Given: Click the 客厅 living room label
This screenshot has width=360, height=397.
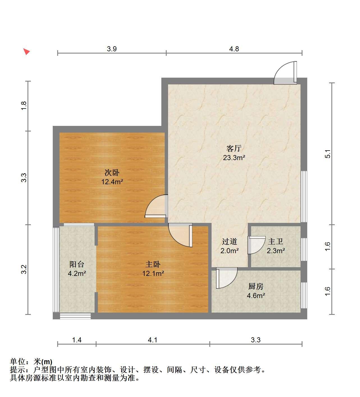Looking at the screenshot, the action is (234, 148).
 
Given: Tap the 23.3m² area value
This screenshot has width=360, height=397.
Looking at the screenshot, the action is (234, 158).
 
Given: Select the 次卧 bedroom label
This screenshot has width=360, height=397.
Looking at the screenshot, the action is (112, 172).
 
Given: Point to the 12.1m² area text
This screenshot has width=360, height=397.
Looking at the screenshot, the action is (153, 273).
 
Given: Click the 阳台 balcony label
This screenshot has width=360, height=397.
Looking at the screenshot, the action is (77, 264).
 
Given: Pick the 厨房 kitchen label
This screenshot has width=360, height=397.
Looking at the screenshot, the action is (256, 286).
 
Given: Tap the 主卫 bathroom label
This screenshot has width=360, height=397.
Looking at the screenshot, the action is (276, 241).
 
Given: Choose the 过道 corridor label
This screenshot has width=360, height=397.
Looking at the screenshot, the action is (230, 241).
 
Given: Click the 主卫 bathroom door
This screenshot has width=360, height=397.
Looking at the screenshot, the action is (256, 245).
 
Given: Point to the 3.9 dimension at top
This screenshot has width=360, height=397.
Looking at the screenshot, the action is (112, 49).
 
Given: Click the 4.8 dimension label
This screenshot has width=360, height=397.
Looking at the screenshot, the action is (234, 49).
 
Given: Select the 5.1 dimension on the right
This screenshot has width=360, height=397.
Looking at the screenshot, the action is (328, 154).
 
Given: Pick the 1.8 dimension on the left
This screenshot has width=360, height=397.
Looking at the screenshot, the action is (24, 106).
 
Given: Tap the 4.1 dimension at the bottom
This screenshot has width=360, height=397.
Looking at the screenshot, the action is (153, 340).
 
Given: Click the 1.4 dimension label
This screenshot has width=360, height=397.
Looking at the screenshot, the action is (77, 340).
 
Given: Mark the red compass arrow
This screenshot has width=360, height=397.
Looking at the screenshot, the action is (26, 52).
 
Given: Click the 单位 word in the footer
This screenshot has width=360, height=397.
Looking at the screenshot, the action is (17, 362).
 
